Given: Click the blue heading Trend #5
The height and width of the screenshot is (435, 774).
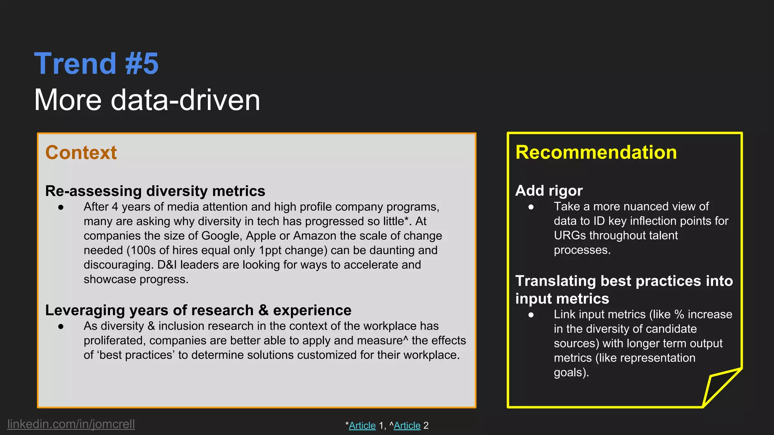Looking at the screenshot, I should (x=96, y=63).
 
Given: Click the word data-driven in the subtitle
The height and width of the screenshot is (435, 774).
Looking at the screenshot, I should (x=185, y=100).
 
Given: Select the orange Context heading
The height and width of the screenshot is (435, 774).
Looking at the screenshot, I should (x=81, y=153).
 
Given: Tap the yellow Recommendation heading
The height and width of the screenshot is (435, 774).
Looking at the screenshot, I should (x=596, y=153).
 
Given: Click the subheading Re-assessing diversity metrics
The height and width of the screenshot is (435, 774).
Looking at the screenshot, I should (x=155, y=191).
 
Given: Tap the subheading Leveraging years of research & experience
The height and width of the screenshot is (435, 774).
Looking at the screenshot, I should (x=198, y=310).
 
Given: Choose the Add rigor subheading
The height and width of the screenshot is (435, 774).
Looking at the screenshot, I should (x=549, y=191).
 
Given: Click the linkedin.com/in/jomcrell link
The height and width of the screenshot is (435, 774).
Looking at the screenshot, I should (x=71, y=424).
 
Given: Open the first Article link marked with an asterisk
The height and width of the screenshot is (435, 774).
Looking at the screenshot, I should (x=362, y=426).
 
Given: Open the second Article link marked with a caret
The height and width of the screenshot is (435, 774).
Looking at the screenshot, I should (x=407, y=426).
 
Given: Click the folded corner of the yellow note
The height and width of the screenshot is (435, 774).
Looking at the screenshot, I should (x=718, y=387).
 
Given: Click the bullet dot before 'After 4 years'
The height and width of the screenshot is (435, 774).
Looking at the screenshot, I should (x=61, y=207).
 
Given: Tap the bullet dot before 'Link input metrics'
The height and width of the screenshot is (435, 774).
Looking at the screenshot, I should (x=531, y=315).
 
